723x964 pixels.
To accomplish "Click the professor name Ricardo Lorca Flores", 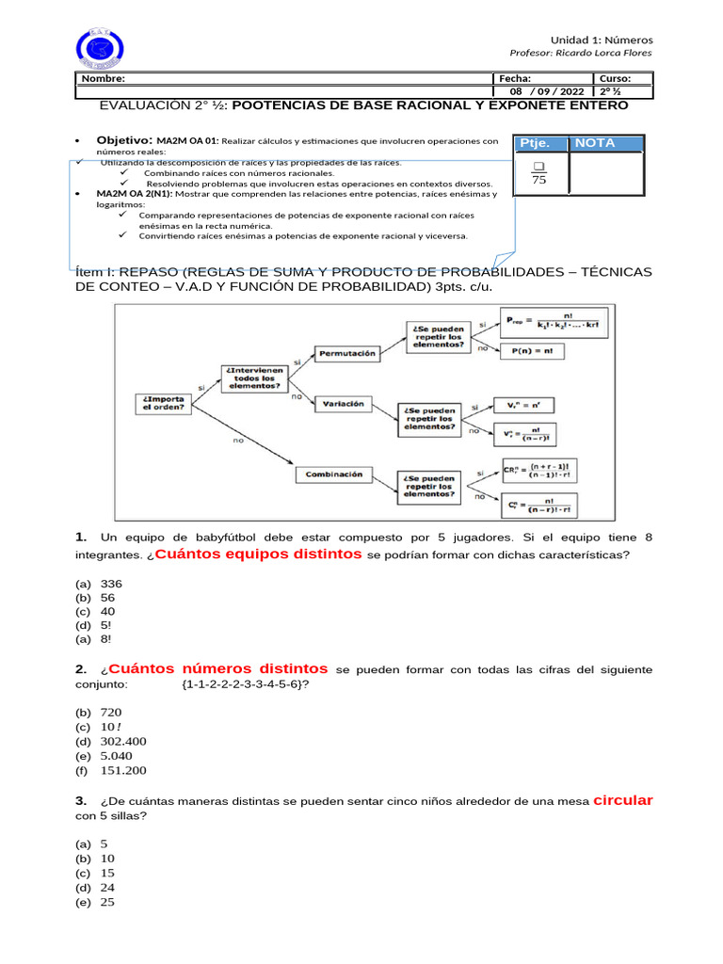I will pyautogui.click(x=580, y=53).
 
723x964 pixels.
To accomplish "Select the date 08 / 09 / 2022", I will pyautogui.click(x=547, y=91).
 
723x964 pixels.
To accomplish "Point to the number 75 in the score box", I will pyautogui.click(x=539, y=181).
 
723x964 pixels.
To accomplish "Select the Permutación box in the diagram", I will pyautogui.click(x=348, y=354).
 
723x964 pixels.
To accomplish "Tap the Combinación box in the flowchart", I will pyautogui.click(x=334, y=475).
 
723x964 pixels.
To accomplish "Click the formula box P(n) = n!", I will pyautogui.click(x=532, y=350).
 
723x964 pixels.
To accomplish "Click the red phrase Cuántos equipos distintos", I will pyautogui.click(x=259, y=554).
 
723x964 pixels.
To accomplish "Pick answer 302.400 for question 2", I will pyautogui.click(x=122, y=741).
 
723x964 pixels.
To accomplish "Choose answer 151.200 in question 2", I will pyautogui.click(x=122, y=770).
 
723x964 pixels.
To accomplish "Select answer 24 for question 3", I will pyautogui.click(x=107, y=887).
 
